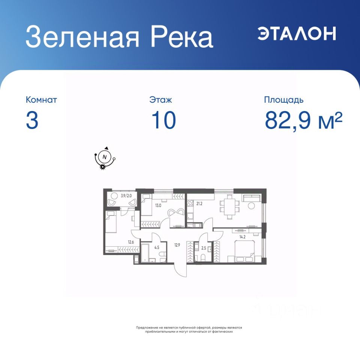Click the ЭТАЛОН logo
coord(296,33)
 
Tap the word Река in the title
coord(181,37)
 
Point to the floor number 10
coord(164,120)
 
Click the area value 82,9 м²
coord(303,120)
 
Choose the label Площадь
coord(283,100)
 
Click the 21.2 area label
coord(199,203)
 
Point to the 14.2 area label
coord(243,237)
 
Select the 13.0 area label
coord(158,205)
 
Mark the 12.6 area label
coord(131,242)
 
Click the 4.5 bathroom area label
coord(157,247)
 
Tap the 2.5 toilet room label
coord(204,248)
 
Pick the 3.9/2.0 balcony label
coord(126,196)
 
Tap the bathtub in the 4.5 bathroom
coord(145,253)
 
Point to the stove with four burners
coord(190,203)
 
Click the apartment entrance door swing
coord(180,270)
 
